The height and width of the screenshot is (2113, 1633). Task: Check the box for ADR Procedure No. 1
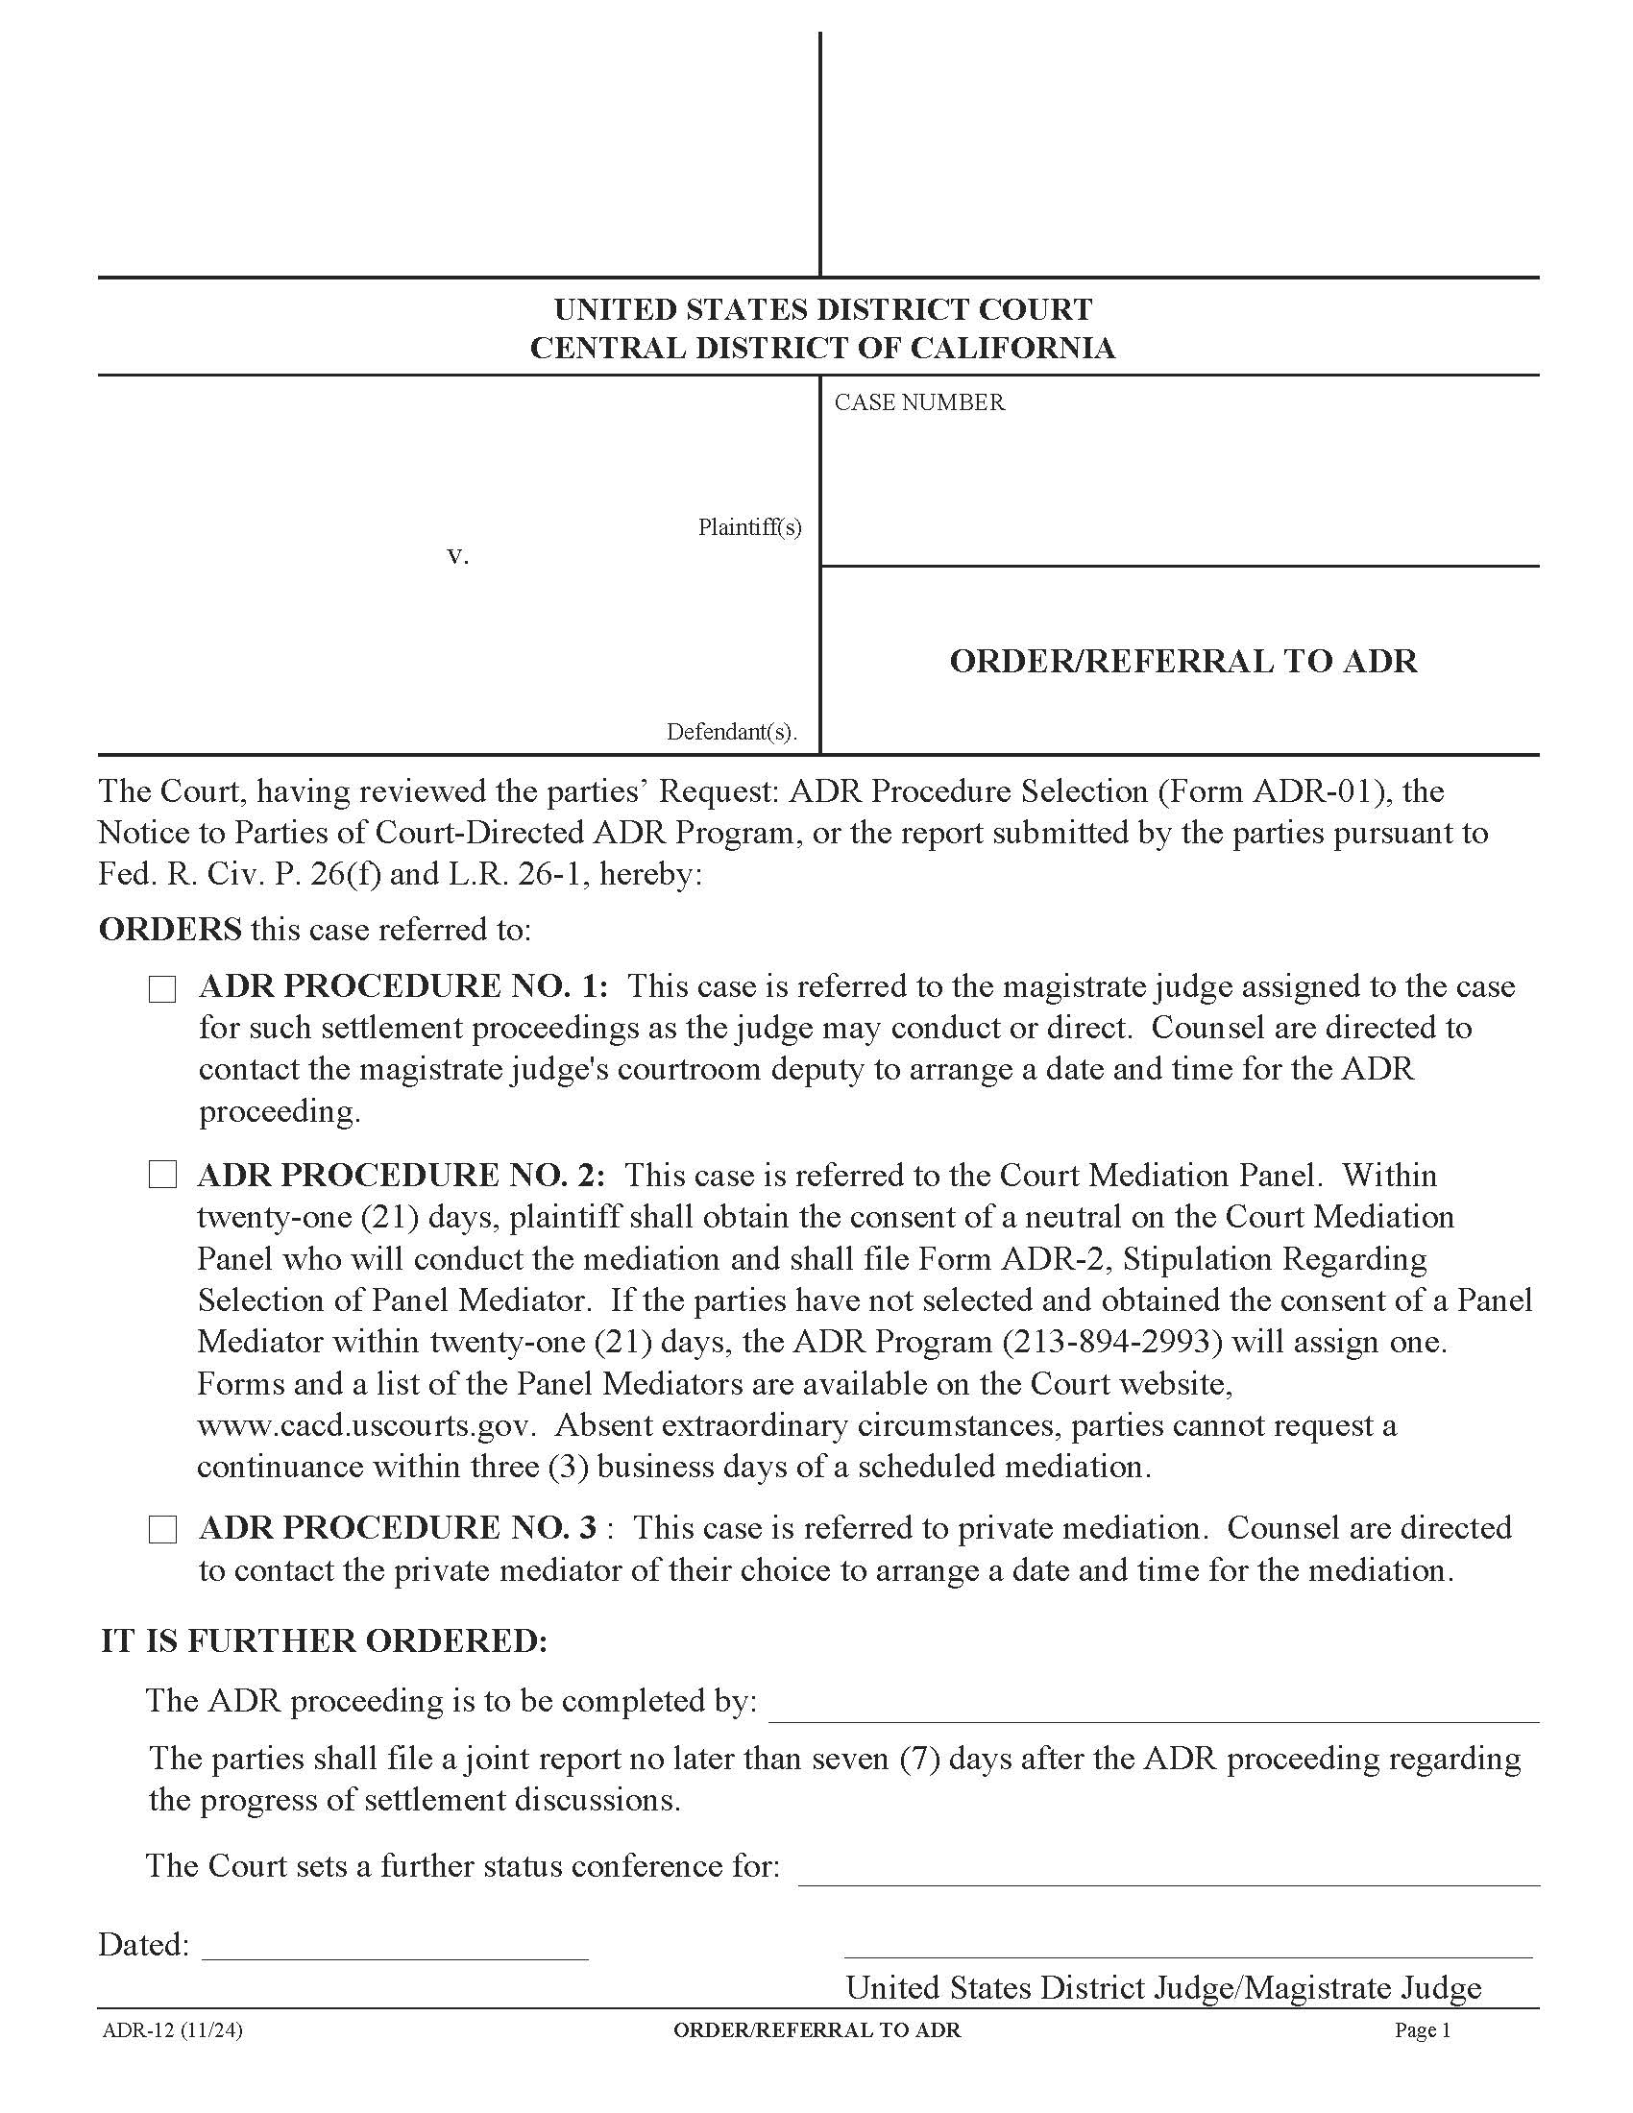[x=162, y=989]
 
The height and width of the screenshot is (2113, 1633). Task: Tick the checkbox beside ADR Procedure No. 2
[x=162, y=1176]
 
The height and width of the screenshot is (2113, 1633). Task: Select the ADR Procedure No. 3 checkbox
[x=162, y=1530]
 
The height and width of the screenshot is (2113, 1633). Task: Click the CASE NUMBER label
[x=919, y=402]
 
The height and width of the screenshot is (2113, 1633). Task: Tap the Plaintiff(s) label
[x=750, y=527]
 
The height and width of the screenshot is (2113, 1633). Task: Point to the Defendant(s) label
[x=731, y=732]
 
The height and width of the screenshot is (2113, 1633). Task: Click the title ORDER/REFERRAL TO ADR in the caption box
[x=1183, y=662]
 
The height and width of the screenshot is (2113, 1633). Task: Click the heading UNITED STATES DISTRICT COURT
[x=823, y=309]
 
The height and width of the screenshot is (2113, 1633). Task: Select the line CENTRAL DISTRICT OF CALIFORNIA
[x=823, y=349]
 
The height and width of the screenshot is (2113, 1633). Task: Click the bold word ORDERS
[x=170, y=930]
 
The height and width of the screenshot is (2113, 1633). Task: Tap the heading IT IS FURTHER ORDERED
[x=324, y=1641]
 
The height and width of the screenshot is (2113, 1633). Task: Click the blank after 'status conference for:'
[x=1168, y=1878]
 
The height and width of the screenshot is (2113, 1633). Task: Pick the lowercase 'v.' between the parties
[x=457, y=556]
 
